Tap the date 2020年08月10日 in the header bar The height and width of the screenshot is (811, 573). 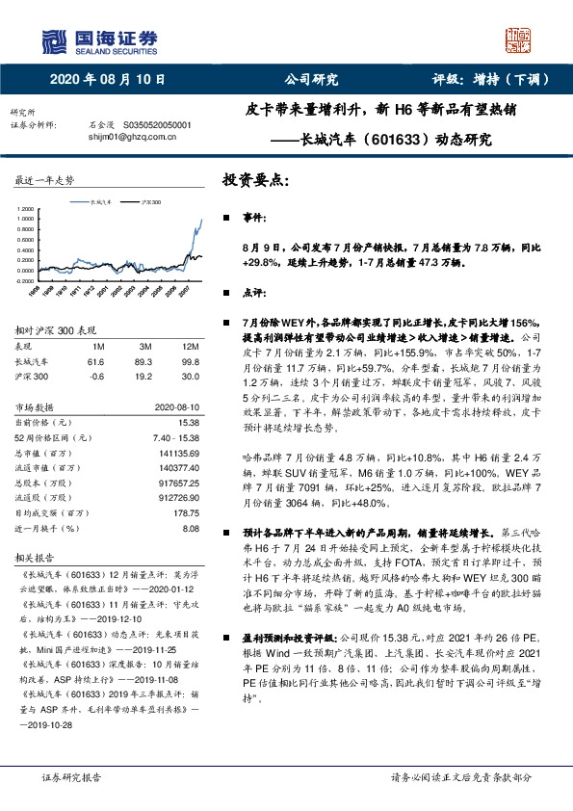[x=107, y=81]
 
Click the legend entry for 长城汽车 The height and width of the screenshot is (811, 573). [x=101, y=203]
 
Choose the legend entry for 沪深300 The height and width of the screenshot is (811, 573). [x=151, y=203]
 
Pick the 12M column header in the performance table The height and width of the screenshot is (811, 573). [x=190, y=346]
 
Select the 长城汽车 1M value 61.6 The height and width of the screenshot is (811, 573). [x=95, y=362]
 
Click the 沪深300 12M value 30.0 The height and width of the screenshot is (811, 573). [x=190, y=378]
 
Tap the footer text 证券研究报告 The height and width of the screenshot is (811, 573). [x=68, y=778]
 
